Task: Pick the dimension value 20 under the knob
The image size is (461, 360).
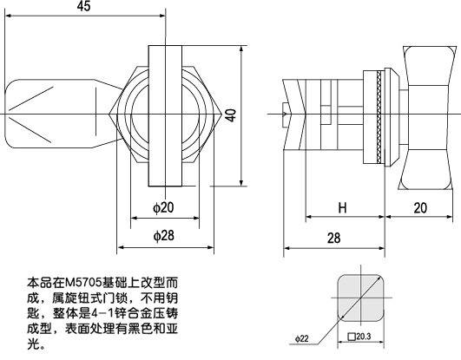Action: click(x=421, y=209)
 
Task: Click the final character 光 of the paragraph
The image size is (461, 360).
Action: click(x=34, y=344)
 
